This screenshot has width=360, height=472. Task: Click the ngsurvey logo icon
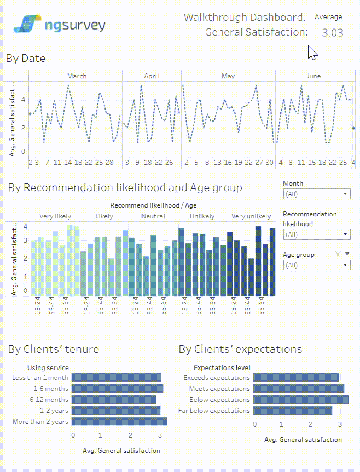(26, 24)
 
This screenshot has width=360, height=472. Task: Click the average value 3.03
(332, 32)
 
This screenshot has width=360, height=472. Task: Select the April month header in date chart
(152, 76)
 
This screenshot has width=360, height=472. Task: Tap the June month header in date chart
(313, 76)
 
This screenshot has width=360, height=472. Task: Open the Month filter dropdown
(317, 194)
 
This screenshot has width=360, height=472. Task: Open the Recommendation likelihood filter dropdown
(317, 234)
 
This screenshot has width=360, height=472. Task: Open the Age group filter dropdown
(317, 265)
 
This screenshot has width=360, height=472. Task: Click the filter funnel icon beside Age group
(337, 254)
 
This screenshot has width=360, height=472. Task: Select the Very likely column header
(55, 216)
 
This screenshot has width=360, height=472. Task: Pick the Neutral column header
(153, 216)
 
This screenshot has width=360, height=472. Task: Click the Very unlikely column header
(251, 216)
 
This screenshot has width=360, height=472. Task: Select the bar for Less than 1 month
(116, 378)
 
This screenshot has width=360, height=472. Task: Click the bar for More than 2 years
(119, 422)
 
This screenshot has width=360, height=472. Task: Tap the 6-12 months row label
(49, 400)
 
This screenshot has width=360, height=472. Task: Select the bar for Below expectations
(300, 400)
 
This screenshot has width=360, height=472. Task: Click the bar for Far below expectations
(292, 411)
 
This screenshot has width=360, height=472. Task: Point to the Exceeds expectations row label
(217, 378)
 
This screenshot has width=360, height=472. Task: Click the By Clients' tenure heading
(54, 349)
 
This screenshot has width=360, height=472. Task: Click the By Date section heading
(26, 59)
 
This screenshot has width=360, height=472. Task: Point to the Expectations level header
(222, 368)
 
